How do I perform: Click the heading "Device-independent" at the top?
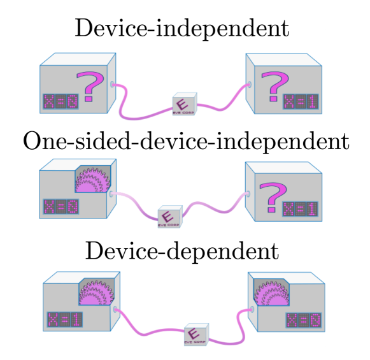click(x=181, y=28)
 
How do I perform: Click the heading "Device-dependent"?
click(x=181, y=250)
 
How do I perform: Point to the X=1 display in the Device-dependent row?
click(x=64, y=319)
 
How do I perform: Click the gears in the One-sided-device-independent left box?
click(x=94, y=180)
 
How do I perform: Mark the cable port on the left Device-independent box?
click(x=113, y=83)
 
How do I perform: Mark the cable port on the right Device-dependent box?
click(x=252, y=308)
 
